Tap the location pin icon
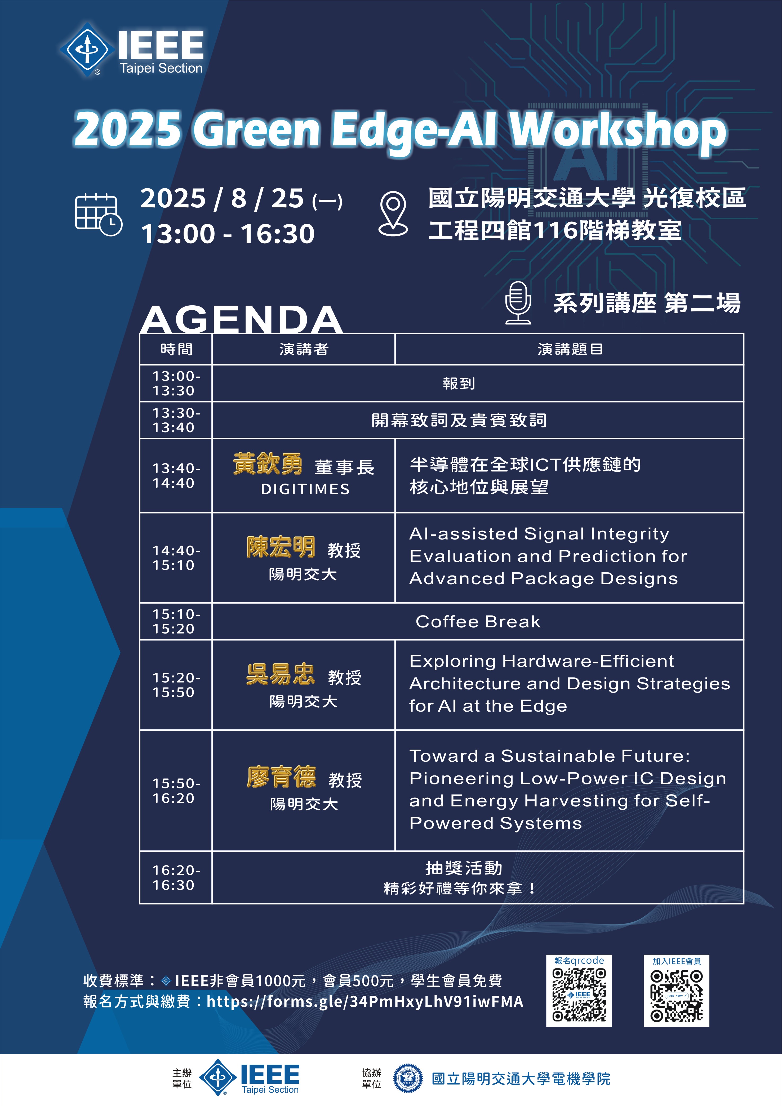(x=393, y=214)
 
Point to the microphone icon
(x=518, y=303)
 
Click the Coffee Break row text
(x=478, y=622)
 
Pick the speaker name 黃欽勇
(x=268, y=464)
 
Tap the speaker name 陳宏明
(x=281, y=547)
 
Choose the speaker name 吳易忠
(x=281, y=674)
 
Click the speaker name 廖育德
(x=281, y=777)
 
